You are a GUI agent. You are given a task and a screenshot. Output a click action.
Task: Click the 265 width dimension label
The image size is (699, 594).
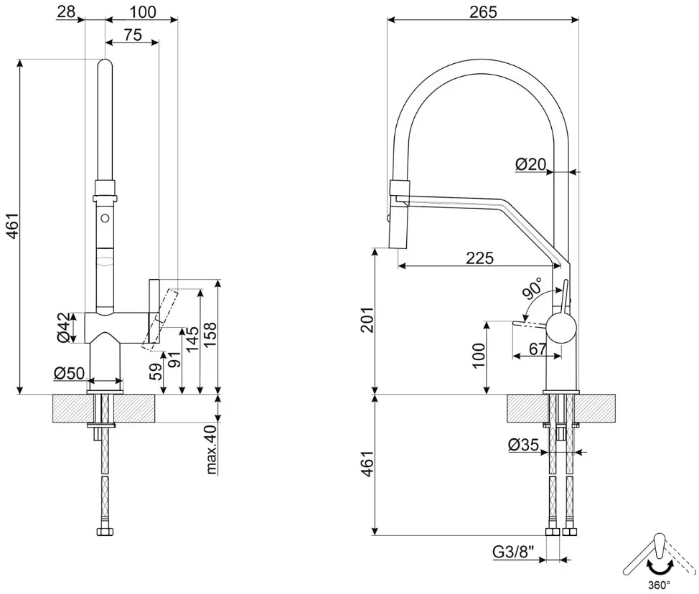click(483, 11)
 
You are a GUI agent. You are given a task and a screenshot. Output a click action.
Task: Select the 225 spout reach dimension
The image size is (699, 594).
click(479, 258)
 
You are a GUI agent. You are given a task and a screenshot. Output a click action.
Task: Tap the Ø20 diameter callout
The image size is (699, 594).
click(530, 164)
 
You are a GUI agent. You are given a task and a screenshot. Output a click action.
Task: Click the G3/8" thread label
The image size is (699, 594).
click(513, 552)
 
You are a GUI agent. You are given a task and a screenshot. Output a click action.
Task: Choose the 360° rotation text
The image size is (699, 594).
click(659, 585)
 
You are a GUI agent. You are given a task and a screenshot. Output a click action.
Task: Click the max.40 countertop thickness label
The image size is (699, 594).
click(211, 449)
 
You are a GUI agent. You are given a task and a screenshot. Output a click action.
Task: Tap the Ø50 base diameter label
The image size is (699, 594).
click(69, 372)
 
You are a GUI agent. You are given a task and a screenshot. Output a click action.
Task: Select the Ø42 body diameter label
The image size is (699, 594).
click(64, 328)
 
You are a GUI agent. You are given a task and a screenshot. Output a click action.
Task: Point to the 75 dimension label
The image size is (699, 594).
click(133, 34)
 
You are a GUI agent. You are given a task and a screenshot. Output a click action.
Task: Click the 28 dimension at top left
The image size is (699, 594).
click(66, 11)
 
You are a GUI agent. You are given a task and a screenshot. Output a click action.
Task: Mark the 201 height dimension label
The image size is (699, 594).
click(367, 319)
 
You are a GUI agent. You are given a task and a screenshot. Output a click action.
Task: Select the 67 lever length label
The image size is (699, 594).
click(538, 349)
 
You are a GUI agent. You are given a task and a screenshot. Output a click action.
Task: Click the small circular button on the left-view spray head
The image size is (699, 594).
click(105, 218)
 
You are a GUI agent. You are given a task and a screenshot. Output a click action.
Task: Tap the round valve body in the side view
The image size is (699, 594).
click(562, 328)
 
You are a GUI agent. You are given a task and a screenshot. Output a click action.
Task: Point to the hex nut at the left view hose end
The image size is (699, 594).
click(105, 532)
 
